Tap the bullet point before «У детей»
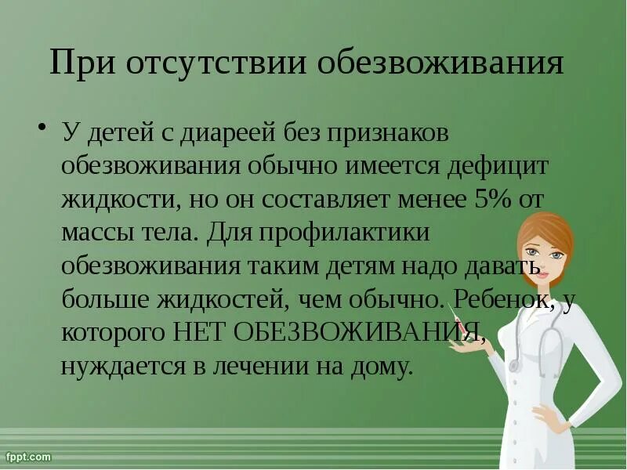(x=43, y=126)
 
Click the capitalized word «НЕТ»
(x=202, y=331)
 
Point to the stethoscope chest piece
(x=514, y=365)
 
